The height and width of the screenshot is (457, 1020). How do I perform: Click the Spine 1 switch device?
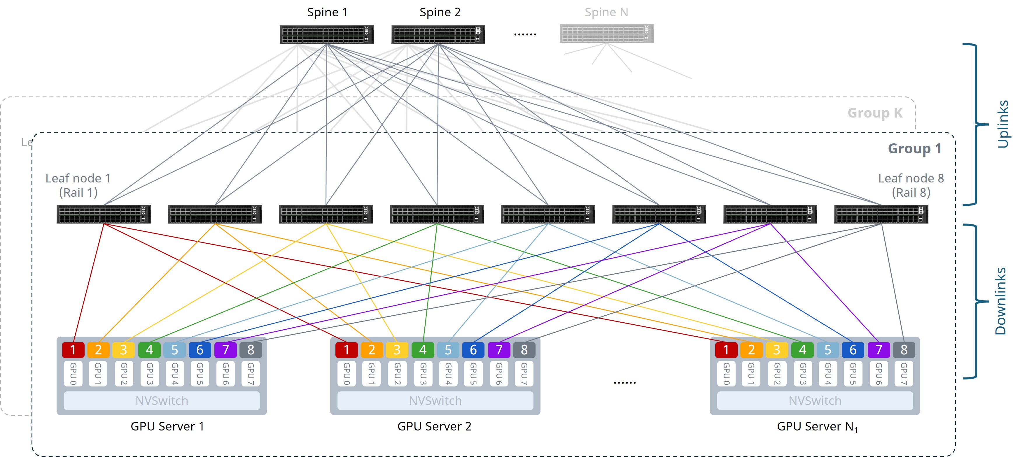(327, 34)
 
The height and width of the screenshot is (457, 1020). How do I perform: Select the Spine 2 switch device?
(438, 34)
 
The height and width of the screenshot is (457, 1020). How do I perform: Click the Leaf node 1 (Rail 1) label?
(78, 185)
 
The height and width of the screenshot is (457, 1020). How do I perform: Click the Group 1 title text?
(915, 148)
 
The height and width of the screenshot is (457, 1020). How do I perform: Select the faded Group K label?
(875, 113)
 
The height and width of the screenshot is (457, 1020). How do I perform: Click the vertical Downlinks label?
(1000, 301)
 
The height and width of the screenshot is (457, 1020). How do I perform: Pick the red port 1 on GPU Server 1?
(73, 350)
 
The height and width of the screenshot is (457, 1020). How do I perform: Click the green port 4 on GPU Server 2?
(423, 350)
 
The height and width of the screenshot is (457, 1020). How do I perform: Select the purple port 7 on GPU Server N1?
(879, 350)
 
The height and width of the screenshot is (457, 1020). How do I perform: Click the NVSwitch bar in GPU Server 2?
(435, 401)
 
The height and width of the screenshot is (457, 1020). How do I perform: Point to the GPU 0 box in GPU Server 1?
(73, 373)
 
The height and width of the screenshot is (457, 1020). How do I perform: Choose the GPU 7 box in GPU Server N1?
(904, 373)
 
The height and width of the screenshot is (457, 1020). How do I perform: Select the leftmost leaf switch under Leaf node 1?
(103, 214)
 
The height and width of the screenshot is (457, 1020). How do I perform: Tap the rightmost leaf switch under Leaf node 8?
(881, 214)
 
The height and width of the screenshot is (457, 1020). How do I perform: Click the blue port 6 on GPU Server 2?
(473, 350)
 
